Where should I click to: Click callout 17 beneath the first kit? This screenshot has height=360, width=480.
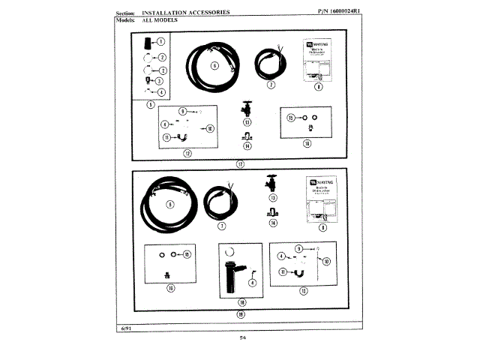coord(239,163)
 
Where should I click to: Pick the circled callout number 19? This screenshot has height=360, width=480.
coord(241,314)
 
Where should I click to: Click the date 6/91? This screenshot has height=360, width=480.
coord(122,328)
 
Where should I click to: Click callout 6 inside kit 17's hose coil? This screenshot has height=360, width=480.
coord(214,66)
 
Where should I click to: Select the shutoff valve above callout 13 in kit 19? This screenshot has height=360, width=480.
coord(272,183)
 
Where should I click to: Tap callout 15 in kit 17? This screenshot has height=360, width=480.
coord(289,118)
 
